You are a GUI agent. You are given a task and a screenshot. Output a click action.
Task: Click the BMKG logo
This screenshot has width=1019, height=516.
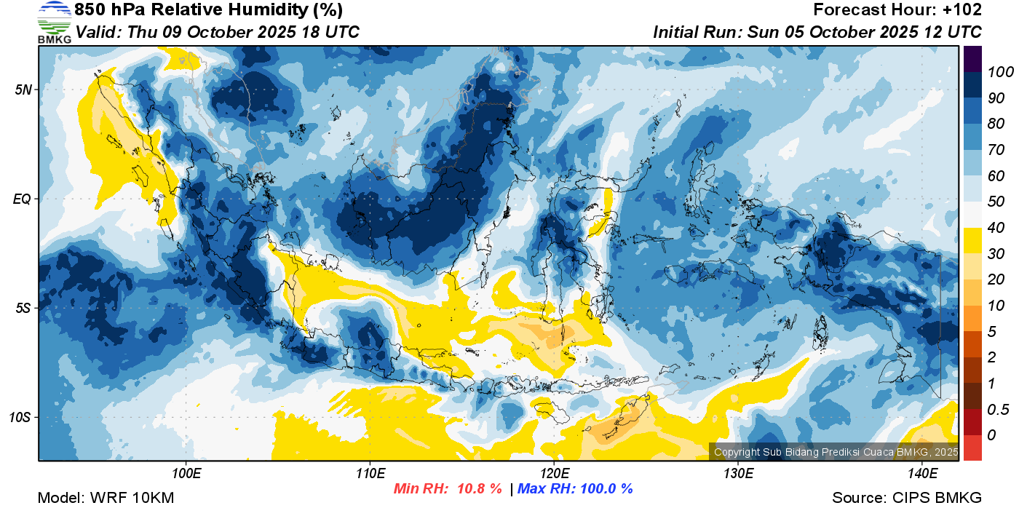point(55,22)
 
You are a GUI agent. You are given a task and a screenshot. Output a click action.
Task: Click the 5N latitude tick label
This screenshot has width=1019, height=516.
point(23,90)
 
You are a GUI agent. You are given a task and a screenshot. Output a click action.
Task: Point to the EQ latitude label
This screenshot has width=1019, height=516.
point(23,199)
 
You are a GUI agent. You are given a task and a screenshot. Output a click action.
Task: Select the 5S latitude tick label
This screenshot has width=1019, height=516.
point(23,309)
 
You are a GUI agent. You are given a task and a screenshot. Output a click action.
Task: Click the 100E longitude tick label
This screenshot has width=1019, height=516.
point(186,474)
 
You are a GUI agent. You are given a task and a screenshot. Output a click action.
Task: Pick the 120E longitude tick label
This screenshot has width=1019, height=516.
point(555,474)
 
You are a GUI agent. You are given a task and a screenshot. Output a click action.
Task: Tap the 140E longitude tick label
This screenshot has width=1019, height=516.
point(923,474)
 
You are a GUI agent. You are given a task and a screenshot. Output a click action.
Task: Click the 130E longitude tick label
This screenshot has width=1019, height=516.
point(738,474)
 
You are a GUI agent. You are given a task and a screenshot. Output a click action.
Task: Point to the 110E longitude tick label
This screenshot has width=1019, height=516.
point(370,474)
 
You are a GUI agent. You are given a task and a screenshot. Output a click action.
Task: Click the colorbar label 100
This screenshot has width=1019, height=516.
point(1000,72)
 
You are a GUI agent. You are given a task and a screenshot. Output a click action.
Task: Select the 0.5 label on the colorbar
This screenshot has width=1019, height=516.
point(998,410)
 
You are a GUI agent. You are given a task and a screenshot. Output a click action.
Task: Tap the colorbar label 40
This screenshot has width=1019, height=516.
point(996,228)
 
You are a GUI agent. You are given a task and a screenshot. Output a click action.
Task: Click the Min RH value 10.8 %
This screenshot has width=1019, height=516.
point(480,488)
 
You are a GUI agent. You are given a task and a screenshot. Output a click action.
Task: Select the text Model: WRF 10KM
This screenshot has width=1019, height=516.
point(106,498)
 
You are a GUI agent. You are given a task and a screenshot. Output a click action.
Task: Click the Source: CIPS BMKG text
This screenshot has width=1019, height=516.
point(907,498)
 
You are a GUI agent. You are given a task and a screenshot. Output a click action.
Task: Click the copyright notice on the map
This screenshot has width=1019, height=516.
point(836,452)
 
